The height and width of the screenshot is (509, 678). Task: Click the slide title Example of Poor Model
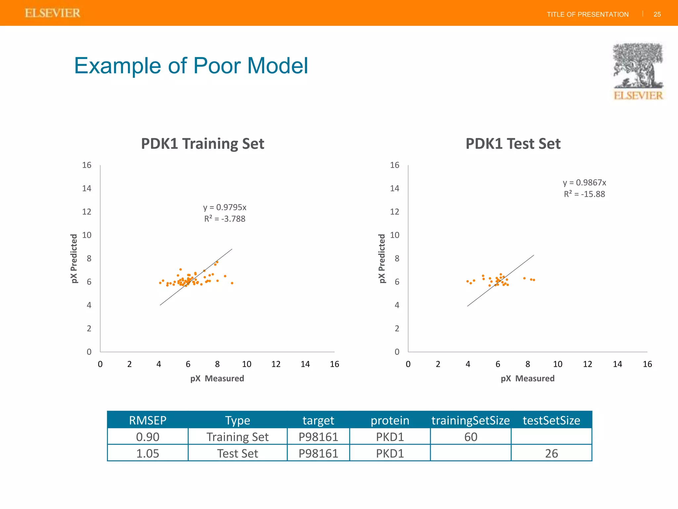click(191, 66)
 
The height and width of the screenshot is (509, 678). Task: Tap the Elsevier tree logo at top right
click(638, 71)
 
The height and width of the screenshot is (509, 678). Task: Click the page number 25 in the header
click(657, 14)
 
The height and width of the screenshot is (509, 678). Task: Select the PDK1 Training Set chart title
click(202, 144)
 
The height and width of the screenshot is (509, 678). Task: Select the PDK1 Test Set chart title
click(513, 144)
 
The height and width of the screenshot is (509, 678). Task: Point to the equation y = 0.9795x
click(224, 207)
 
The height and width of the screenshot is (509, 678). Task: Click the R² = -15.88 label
click(584, 194)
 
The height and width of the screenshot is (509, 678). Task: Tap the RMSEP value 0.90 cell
click(148, 437)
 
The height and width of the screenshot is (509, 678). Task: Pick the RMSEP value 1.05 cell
click(148, 453)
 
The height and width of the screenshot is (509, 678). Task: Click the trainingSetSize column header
click(470, 420)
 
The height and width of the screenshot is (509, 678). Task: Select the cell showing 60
click(470, 437)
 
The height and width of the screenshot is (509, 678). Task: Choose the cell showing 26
click(551, 453)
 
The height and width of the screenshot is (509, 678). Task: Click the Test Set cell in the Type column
click(237, 453)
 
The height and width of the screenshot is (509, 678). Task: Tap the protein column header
click(390, 420)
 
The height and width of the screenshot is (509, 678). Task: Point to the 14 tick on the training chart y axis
click(87, 189)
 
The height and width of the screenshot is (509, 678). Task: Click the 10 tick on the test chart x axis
click(557, 364)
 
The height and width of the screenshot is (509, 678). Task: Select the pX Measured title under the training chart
click(217, 378)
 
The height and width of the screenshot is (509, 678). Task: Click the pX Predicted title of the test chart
click(382, 258)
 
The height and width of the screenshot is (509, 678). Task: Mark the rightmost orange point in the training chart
click(232, 283)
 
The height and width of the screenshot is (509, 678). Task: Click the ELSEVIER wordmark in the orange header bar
click(52, 13)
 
